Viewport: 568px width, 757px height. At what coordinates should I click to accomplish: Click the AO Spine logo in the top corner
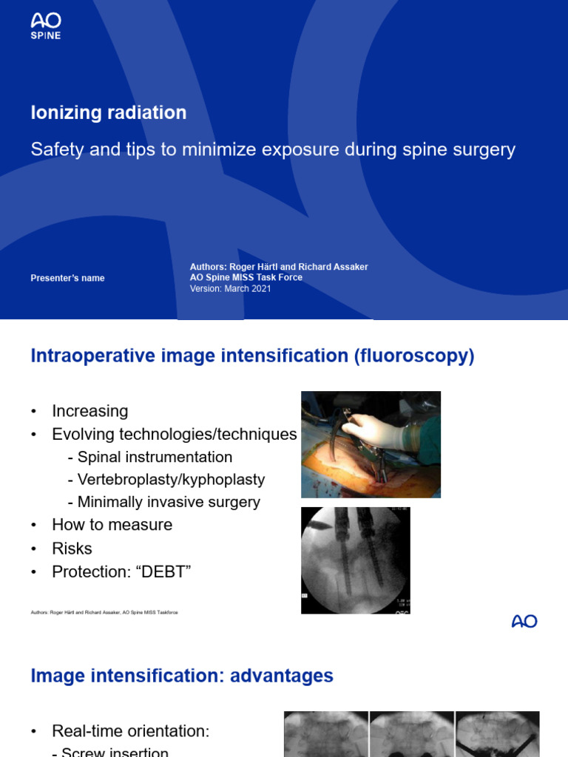pos(45,26)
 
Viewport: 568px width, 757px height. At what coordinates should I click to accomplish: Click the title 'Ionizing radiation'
pos(109,112)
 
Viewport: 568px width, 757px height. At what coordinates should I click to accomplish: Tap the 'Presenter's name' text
pos(67,278)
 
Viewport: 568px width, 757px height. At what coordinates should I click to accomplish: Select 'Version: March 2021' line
pos(230,288)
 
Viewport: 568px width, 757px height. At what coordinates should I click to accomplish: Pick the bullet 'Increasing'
pos(89,411)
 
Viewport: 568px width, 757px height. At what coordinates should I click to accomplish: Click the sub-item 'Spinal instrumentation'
pos(155,457)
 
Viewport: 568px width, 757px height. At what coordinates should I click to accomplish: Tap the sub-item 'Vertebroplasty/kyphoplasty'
pos(171,479)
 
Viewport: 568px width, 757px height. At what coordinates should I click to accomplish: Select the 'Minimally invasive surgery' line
pos(169,502)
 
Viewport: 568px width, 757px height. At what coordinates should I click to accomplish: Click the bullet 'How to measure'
pos(112,525)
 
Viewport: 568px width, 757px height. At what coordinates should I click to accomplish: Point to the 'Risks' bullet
pos(72,549)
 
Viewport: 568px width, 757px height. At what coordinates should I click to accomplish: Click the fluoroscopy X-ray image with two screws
pos(355,560)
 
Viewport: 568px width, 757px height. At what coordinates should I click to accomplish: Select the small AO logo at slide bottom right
pos(524,622)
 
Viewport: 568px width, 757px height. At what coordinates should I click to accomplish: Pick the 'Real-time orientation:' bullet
pos(130,731)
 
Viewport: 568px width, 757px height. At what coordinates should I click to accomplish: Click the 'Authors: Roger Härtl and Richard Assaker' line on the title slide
pos(279,267)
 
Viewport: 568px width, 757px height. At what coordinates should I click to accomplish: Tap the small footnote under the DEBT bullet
pos(104,613)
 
